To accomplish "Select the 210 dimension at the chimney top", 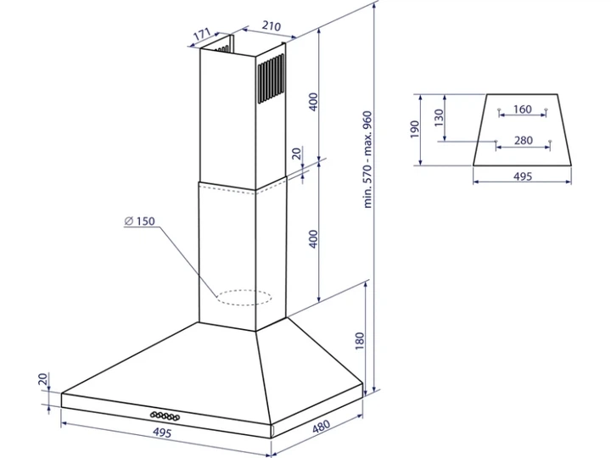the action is (271, 25).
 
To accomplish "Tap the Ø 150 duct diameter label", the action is (139, 221).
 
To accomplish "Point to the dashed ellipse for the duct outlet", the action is (244, 298).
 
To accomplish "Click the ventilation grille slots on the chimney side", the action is (271, 79).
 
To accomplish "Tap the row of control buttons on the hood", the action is (165, 416).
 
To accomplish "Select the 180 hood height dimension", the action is (360, 341).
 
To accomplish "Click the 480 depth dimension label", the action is (321, 427).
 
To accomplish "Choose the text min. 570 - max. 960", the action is (367, 159).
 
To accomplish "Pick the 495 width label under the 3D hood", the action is (162, 433).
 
